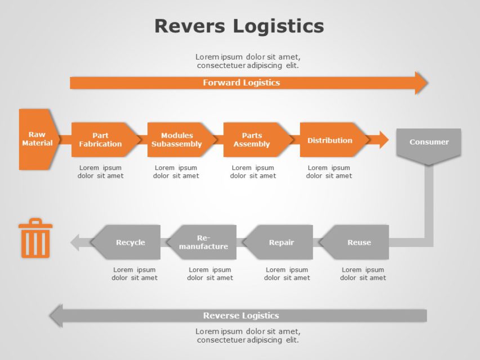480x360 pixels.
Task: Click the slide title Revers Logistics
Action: click(x=239, y=26)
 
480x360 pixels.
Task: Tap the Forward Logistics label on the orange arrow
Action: click(x=241, y=83)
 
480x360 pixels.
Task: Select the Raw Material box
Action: click(x=37, y=139)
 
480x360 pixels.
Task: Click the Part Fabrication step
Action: click(x=101, y=139)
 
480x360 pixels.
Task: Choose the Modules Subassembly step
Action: click(x=177, y=139)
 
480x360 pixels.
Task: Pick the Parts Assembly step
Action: click(x=253, y=139)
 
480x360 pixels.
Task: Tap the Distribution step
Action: click(x=330, y=140)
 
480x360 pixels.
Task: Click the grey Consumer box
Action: click(x=429, y=143)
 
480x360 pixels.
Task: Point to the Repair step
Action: click(x=281, y=242)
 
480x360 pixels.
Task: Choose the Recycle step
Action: click(x=130, y=242)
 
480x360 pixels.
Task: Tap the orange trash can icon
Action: click(x=35, y=238)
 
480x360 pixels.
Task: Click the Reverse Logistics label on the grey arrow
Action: click(x=241, y=316)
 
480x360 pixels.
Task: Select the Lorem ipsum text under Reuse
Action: click(x=363, y=273)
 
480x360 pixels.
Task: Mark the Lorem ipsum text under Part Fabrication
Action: click(x=100, y=172)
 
